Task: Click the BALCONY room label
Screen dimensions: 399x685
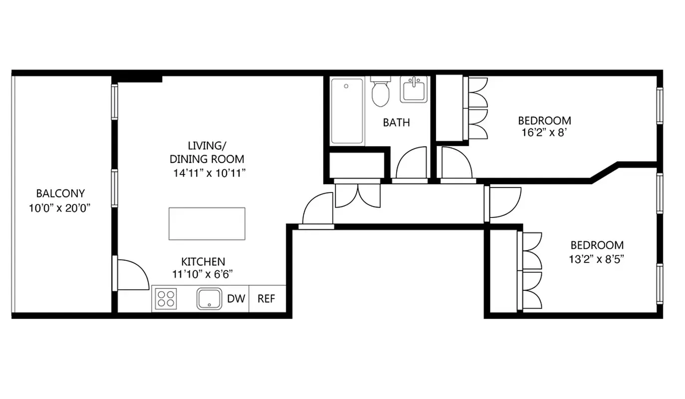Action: click(60, 194)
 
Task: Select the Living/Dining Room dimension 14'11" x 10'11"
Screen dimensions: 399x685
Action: click(207, 173)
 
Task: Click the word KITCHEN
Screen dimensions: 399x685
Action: click(203, 261)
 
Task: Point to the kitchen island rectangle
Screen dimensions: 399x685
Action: click(207, 223)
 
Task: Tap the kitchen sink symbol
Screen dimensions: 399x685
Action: click(209, 299)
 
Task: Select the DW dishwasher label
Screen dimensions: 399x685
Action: click(236, 299)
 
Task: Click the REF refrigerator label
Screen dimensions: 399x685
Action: click(266, 299)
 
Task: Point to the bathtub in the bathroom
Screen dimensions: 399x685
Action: click(347, 111)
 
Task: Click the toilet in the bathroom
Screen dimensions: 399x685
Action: click(380, 93)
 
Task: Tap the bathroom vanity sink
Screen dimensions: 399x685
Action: click(414, 90)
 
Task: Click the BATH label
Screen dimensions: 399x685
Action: click(397, 122)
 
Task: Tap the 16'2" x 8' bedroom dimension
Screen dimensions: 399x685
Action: click(544, 133)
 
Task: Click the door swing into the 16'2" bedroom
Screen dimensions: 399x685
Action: click(456, 163)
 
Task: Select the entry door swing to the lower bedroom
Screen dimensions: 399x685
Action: click(504, 202)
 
